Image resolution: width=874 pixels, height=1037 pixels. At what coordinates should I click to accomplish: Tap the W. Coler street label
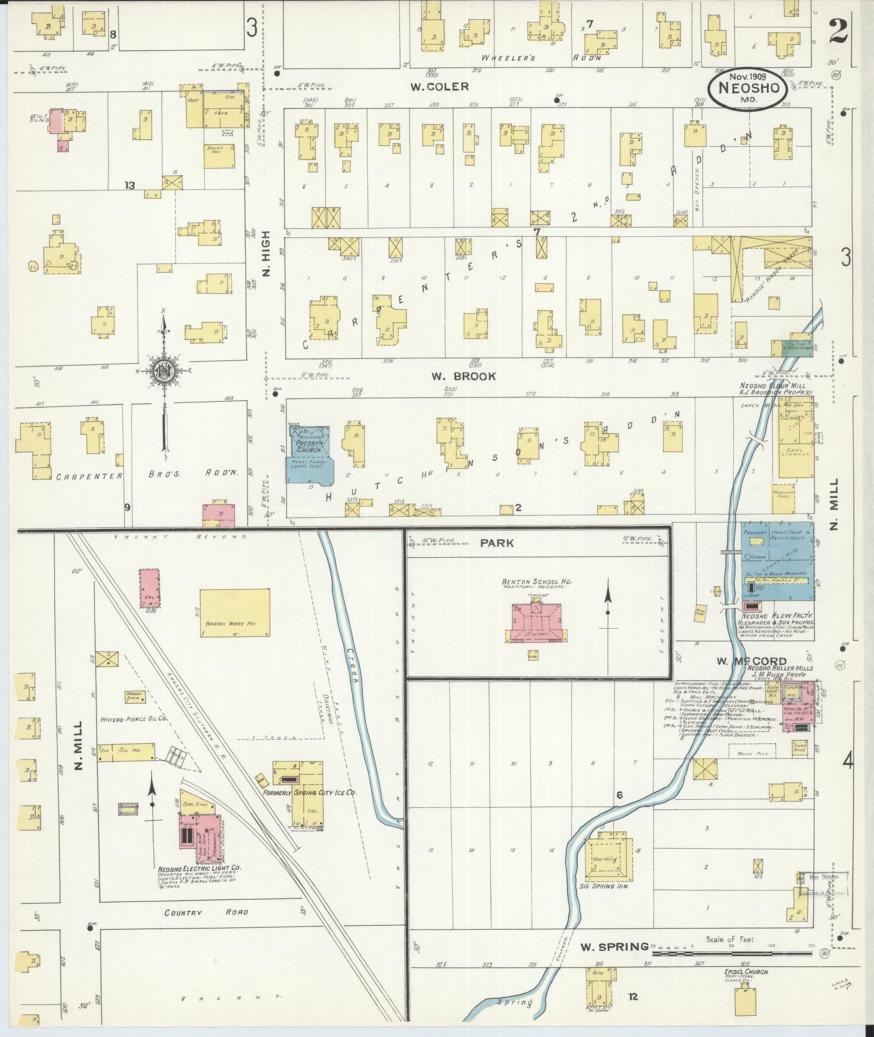tap(439, 87)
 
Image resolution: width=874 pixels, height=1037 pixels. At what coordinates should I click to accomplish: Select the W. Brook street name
tap(463, 376)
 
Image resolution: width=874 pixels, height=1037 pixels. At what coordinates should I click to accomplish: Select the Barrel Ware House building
tap(235, 613)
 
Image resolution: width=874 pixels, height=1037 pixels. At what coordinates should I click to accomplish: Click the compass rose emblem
tap(162, 370)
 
